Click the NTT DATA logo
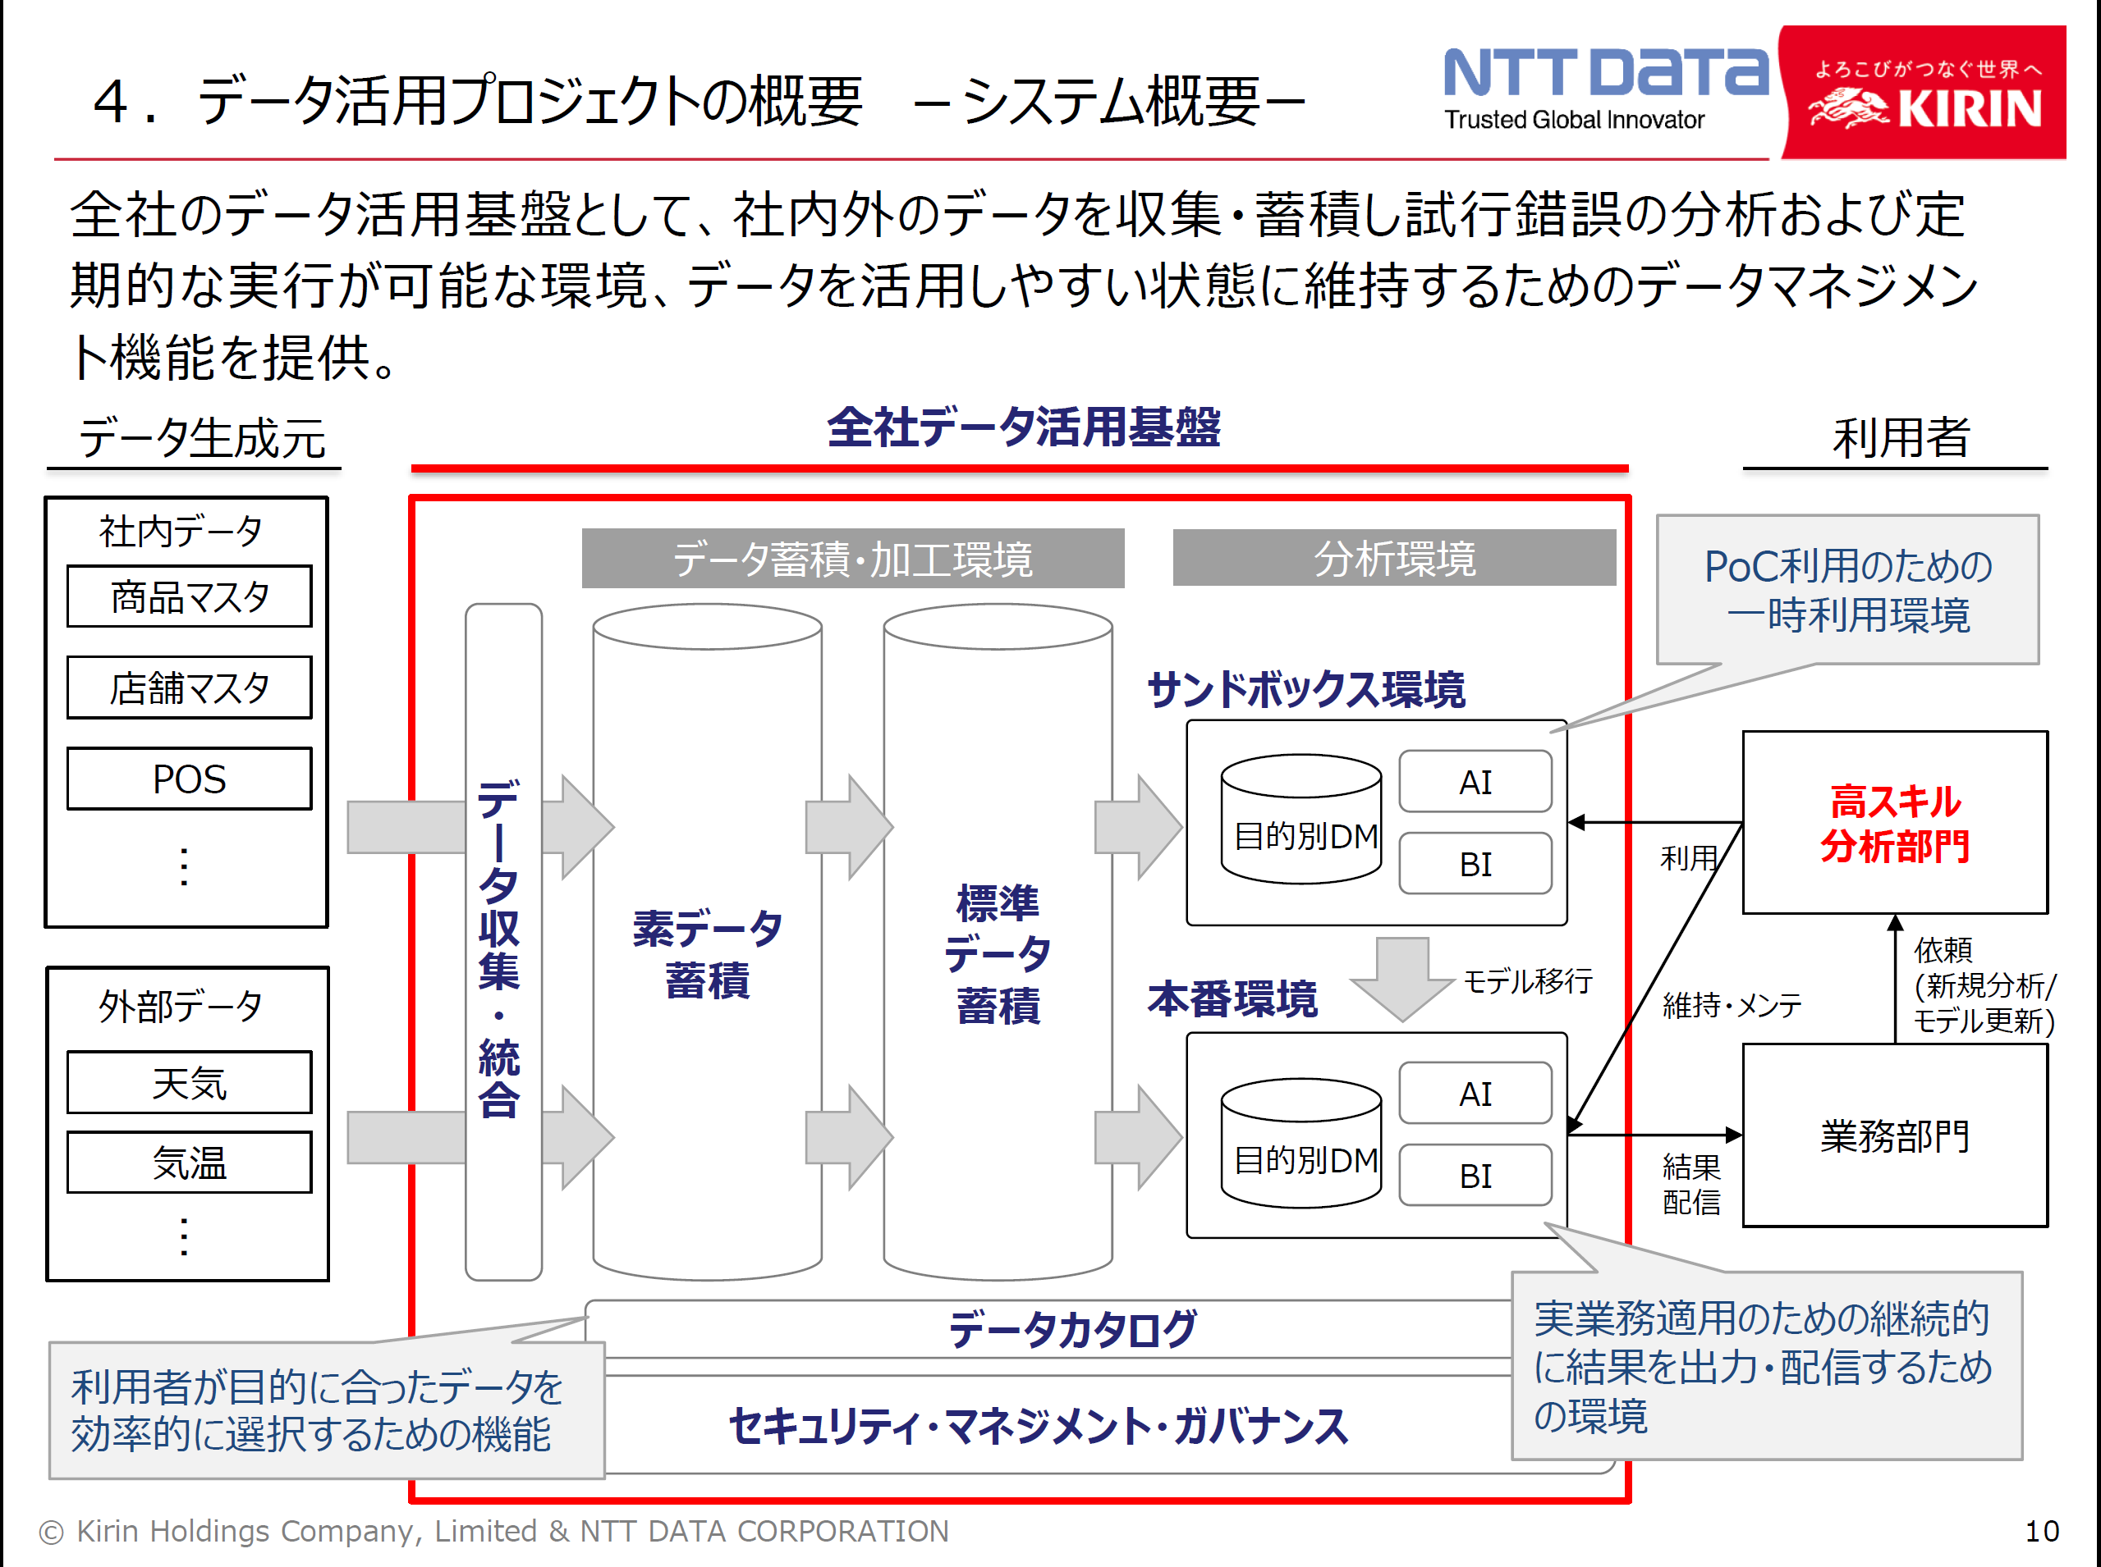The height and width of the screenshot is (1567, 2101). click(1605, 87)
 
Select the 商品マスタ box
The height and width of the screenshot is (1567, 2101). click(189, 596)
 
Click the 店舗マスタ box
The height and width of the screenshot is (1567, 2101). click(189, 688)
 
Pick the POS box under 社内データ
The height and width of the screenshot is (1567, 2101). click(189, 779)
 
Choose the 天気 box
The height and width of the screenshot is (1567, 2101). click(189, 1082)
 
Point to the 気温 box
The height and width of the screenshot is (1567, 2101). click(189, 1162)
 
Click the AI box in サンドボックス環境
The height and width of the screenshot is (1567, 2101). click(1475, 783)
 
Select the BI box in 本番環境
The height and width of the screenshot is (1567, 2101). click(1475, 1175)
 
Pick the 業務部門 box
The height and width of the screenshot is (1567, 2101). click(1894, 1135)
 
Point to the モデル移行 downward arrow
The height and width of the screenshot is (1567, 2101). click(1401, 977)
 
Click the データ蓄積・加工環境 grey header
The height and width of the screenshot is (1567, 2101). click(852, 559)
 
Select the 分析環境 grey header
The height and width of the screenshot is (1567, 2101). click(1393, 559)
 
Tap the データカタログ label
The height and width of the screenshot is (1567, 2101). click(1072, 1329)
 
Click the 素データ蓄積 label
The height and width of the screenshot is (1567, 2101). click(707, 953)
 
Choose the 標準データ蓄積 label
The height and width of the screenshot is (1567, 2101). click(998, 953)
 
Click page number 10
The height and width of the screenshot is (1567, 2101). click(2041, 1531)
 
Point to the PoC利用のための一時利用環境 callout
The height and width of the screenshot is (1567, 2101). click(1846, 590)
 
